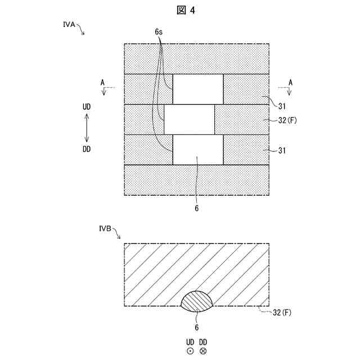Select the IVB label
click(x=105, y=229)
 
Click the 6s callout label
click(x=159, y=33)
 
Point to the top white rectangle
click(x=198, y=89)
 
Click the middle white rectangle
click(x=189, y=119)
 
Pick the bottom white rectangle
click(x=198, y=150)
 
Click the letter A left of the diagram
click(x=102, y=83)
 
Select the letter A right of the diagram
click(x=290, y=83)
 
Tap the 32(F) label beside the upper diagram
click(x=287, y=120)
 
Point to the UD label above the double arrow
click(x=86, y=106)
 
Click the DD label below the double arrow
click(x=86, y=149)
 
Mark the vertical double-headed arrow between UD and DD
click(x=86, y=128)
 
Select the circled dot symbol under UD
click(x=190, y=351)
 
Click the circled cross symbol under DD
click(x=203, y=351)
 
